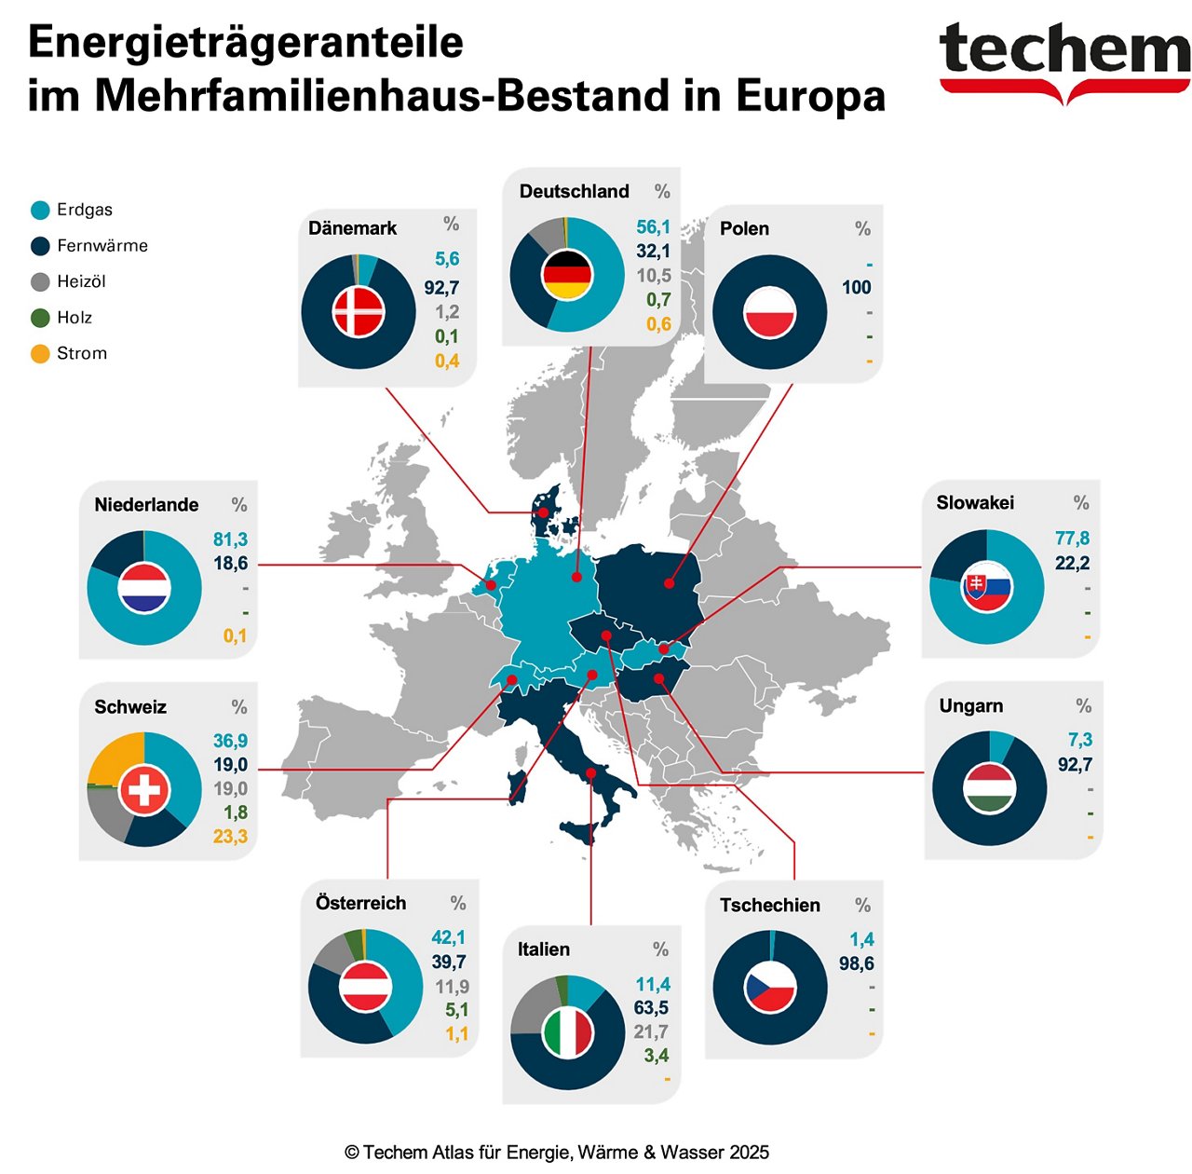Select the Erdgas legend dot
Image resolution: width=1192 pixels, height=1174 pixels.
pyautogui.click(x=40, y=210)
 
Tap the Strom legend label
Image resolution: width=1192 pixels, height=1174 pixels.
pyautogui.click(x=82, y=353)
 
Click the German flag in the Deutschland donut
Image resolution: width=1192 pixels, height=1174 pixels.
pyautogui.click(x=567, y=275)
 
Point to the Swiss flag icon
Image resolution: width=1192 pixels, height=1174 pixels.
pyautogui.click(x=144, y=791)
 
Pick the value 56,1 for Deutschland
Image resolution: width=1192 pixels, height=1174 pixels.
pyautogui.click(x=653, y=226)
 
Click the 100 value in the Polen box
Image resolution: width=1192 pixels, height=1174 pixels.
pyautogui.click(x=857, y=287)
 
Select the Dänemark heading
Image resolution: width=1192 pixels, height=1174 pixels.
pyautogui.click(x=352, y=228)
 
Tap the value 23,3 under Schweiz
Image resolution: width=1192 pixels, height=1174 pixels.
pyautogui.click(x=230, y=836)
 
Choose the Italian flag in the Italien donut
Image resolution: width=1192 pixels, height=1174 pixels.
pyautogui.click(x=568, y=1032)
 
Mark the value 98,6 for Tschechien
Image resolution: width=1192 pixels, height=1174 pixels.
pyautogui.click(x=857, y=963)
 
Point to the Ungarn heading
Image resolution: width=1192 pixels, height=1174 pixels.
pyautogui.click(x=971, y=705)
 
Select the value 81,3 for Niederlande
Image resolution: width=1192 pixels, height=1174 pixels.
pyautogui.click(x=230, y=539)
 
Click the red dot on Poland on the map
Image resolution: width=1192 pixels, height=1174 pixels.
pyautogui.click(x=670, y=583)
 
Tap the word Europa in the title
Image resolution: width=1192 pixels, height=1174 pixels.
pyautogui.click(x=810, y=96)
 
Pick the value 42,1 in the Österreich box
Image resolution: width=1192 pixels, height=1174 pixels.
pyautogui.click(x=448, y=937)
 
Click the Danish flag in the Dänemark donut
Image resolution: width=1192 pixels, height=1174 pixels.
pyautogui.click(x=359, y=311)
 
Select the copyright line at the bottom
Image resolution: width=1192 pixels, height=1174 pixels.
pyautogui.click(x=557, y=1153)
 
